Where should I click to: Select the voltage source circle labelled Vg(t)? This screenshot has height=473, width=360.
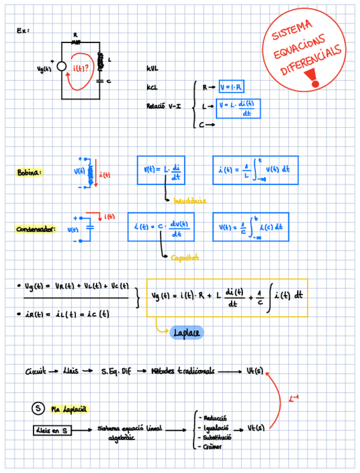coord(62,67)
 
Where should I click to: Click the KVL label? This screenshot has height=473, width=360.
coord(153,69)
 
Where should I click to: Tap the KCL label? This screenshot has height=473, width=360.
coord(152,88)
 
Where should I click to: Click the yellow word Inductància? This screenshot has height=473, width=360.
coord(189,200)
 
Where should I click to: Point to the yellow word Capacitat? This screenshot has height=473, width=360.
coord(185,258)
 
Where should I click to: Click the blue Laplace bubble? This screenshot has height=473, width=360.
coord(186,332)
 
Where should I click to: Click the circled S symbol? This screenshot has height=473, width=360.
coord(37,409)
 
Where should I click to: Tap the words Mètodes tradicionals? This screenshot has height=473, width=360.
coord(183,371)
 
